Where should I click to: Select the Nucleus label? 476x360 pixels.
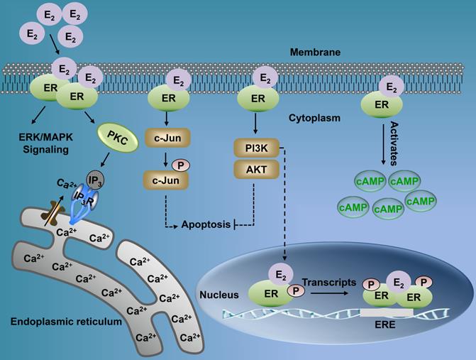click(218, 291)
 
